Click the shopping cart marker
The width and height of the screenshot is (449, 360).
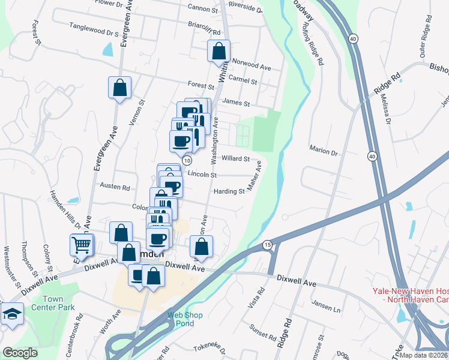pyautogui.click(x=82, y=244)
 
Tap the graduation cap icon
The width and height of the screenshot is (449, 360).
pyautogui.click(x=11, y=314)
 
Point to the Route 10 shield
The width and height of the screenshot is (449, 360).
pyautogui.click(x=187, y=160)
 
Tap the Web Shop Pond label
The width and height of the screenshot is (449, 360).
pyautogui.click(x=185, y=319)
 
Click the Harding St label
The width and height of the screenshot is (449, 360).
pyautogui.click(x=229, y=192)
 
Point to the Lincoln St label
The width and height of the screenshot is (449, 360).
pyautogui.click(x=202, y=174)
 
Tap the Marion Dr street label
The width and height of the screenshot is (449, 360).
pyautogui.click(x=323, y=152)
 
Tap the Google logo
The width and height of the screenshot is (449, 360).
pyautogui.click(x=20, y=353)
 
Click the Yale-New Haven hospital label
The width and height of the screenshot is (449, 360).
pyautogui.click(x=411, y=295)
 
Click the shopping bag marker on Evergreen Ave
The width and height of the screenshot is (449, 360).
pyautogui.click(x=119, y=87)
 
